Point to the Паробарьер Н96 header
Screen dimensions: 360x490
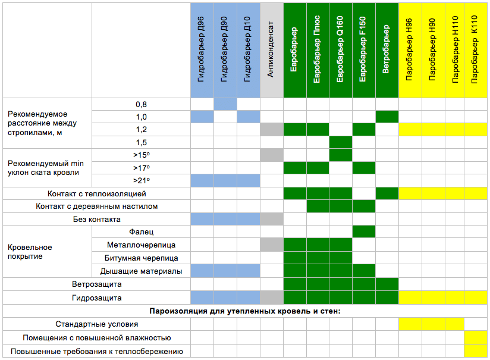point(410,51)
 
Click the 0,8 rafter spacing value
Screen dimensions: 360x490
point(141,105)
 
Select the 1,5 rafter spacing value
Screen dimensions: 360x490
point(141,143)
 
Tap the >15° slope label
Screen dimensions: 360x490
point(141,155)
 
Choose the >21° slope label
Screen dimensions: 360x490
point(141,181)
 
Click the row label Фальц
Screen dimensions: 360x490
point(141,232)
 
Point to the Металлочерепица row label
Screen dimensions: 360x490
point(141,245)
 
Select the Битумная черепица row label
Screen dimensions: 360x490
point(141,258)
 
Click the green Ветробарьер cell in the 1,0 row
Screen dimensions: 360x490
point(387,117)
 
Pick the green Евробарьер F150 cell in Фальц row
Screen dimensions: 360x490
point(363,231)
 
